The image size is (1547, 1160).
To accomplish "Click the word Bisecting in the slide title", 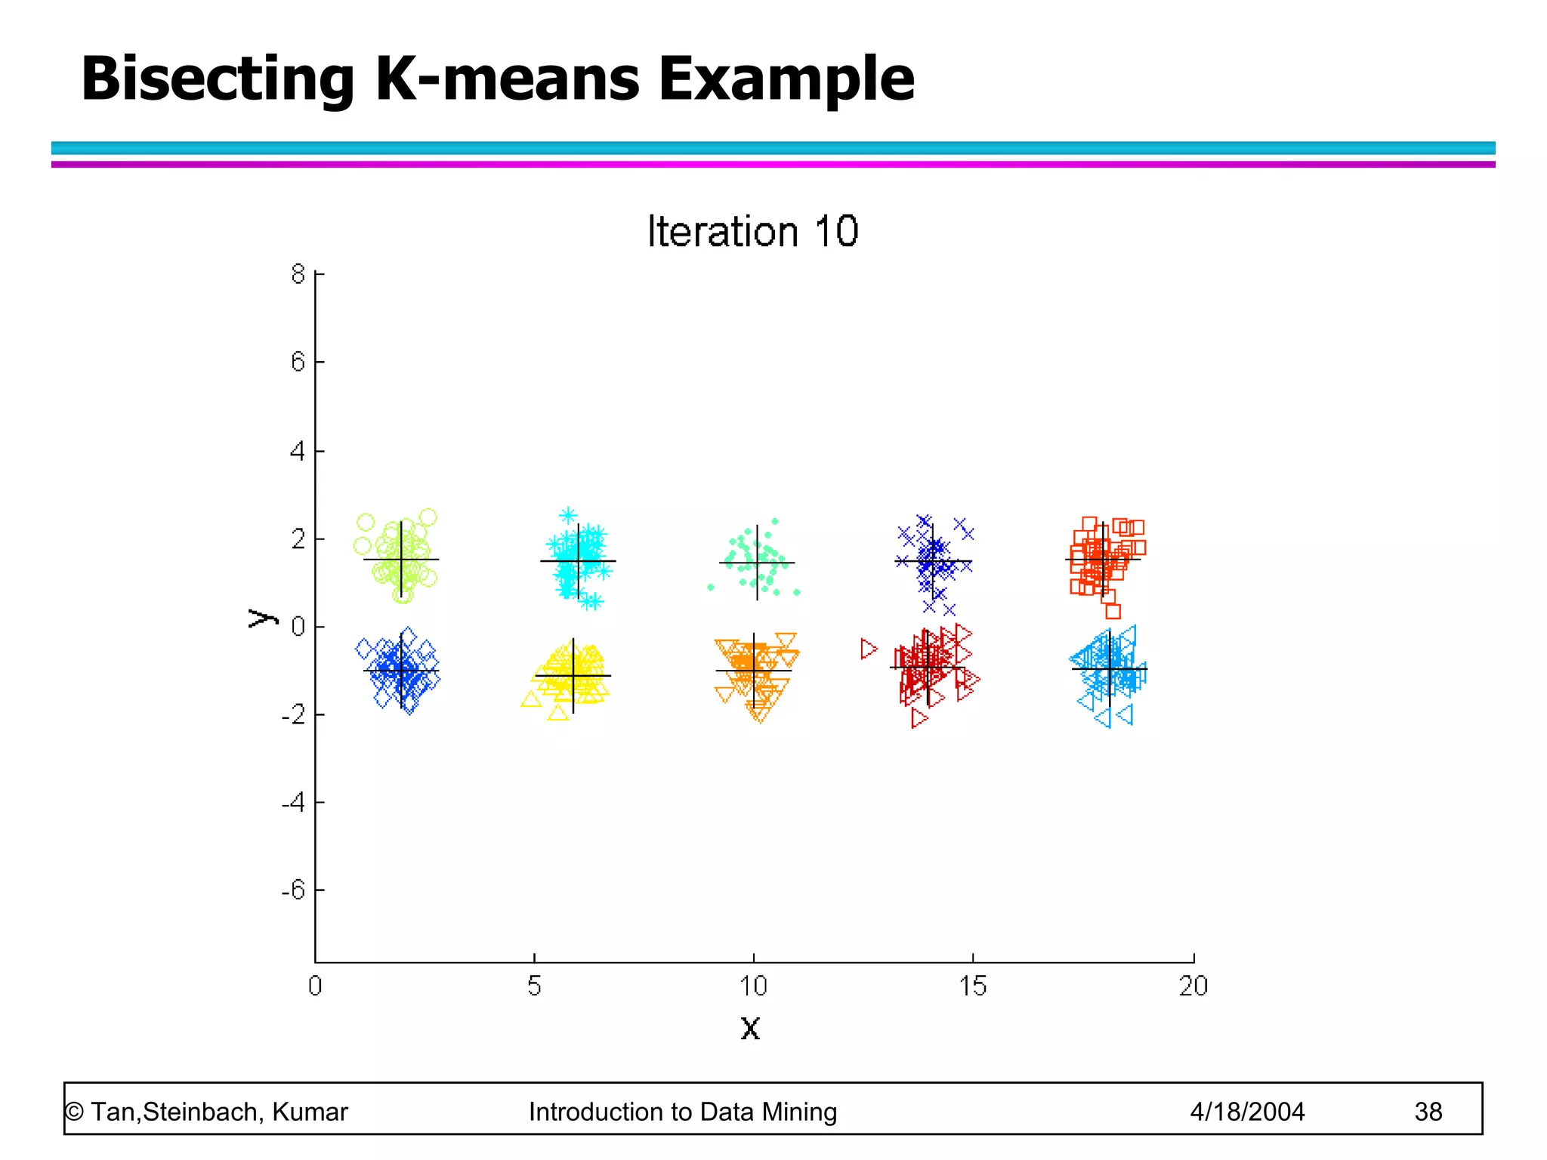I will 218,79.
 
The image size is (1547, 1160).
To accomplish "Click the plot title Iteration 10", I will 752,231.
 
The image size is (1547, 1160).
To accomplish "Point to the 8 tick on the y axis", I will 298,274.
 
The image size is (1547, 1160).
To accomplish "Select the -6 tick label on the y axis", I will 293,890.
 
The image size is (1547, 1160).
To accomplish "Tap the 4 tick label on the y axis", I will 298,452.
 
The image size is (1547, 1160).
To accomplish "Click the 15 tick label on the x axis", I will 972,986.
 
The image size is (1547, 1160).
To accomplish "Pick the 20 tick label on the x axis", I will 1193,986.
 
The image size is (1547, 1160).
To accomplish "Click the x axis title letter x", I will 750,1028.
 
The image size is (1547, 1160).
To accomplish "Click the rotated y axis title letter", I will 261,618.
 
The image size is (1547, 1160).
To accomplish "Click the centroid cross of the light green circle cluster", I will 401,560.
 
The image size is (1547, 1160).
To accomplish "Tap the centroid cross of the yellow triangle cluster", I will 573,675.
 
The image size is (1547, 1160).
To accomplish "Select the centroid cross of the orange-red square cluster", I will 1103,560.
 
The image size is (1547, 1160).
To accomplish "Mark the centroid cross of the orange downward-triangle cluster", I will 754,671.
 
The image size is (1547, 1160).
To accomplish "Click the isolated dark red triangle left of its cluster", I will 869,649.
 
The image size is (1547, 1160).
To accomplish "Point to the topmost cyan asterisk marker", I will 568,516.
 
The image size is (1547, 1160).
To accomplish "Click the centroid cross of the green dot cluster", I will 757,563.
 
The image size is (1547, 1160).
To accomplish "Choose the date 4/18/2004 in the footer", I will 1247,1112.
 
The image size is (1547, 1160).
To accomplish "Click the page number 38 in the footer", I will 1428,1112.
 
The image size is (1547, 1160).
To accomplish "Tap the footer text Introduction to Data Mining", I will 683,1112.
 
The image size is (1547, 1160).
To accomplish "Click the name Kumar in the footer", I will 310,1112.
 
